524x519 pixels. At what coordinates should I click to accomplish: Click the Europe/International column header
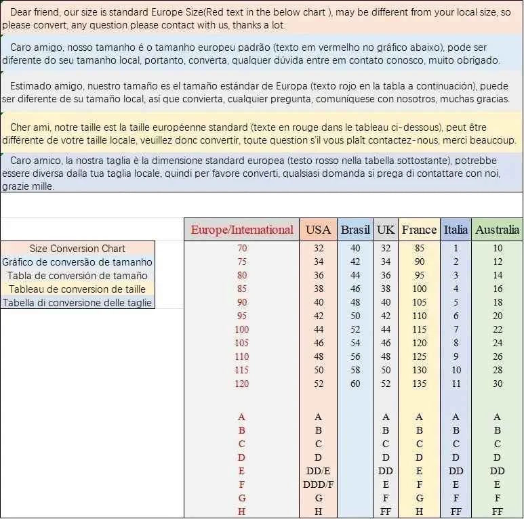coord(242,230)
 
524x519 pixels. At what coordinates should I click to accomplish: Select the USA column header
coord(318,230)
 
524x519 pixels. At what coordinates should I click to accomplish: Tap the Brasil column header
coord(355,230)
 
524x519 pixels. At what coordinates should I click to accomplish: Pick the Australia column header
coord(498,230)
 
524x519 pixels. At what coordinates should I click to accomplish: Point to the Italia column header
coord(456,230)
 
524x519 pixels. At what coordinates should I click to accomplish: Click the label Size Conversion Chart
coord(77,249)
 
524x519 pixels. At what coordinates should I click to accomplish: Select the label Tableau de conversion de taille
coord(77,289)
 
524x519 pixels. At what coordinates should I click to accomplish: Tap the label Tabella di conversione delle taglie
coord(77,303)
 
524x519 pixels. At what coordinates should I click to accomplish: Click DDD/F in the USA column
coord(318,484)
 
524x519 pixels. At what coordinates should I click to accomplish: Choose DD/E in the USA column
coord(318,471)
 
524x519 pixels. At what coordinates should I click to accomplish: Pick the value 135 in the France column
coord(419,383)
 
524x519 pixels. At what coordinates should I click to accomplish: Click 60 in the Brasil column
coord(355,383)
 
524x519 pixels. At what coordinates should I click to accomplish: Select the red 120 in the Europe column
coord(242,383)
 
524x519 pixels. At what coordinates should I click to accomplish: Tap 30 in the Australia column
coord(498,383)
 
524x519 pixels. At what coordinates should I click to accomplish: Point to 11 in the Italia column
coord(456,383)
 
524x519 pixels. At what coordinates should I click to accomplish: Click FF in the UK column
coord(386,512)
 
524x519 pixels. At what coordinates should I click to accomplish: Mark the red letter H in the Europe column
coord(242,512)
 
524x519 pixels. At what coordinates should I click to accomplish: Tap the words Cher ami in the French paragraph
coord(28,127)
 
